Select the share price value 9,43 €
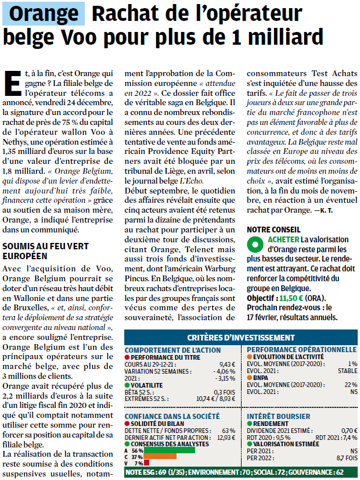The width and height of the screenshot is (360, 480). (x=227, y=364)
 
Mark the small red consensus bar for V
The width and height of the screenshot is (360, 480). (x=147, y=463)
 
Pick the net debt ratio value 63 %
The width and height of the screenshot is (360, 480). (x=229, y=431)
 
